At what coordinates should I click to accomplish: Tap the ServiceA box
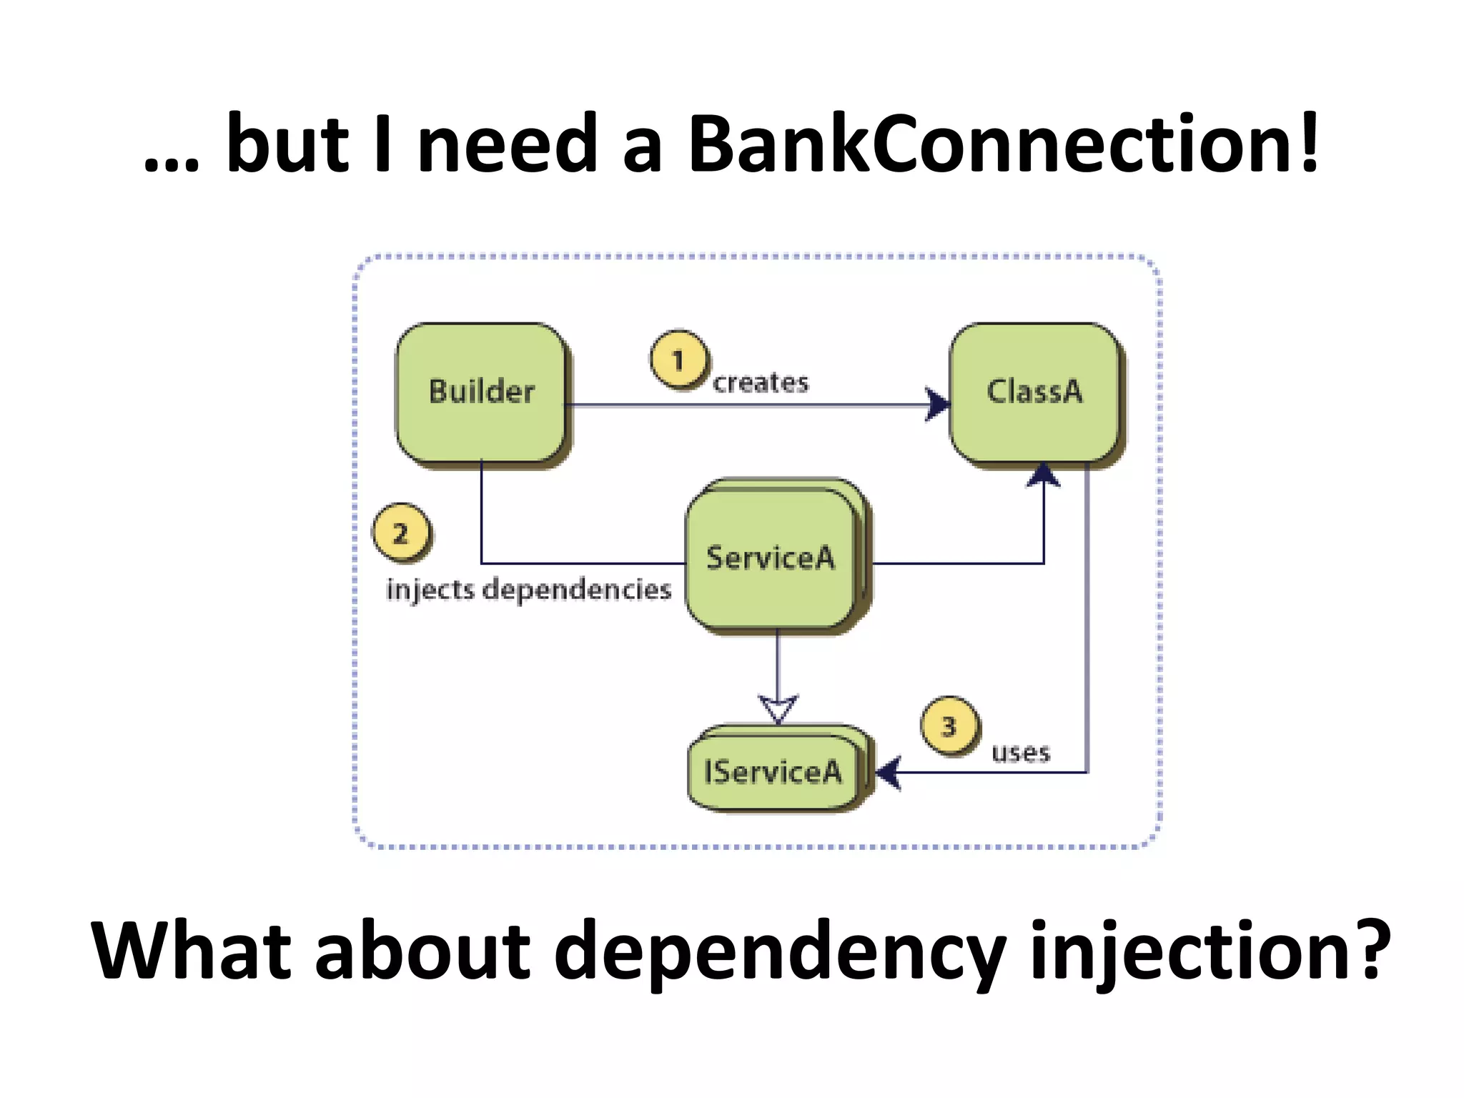(x=771, y=558)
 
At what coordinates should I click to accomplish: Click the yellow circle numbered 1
(x=678, y=360)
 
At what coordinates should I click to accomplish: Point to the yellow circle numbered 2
(x=400, y=533)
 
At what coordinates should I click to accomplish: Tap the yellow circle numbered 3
(x=949, y=726)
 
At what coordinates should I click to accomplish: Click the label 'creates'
(x=761, y=383)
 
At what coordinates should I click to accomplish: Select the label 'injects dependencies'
(x=528, y=590)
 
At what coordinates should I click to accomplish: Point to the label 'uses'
(x=1020, y=753)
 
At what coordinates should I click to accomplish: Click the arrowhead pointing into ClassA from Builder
(x=937, y=405)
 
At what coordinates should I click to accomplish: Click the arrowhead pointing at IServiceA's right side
(x=889, y=772)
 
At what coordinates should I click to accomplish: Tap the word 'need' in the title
(x=507, y=145)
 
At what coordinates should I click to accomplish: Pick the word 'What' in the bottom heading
(x=192, y=951)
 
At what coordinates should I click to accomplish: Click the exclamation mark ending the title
(x=1308, y=143)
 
